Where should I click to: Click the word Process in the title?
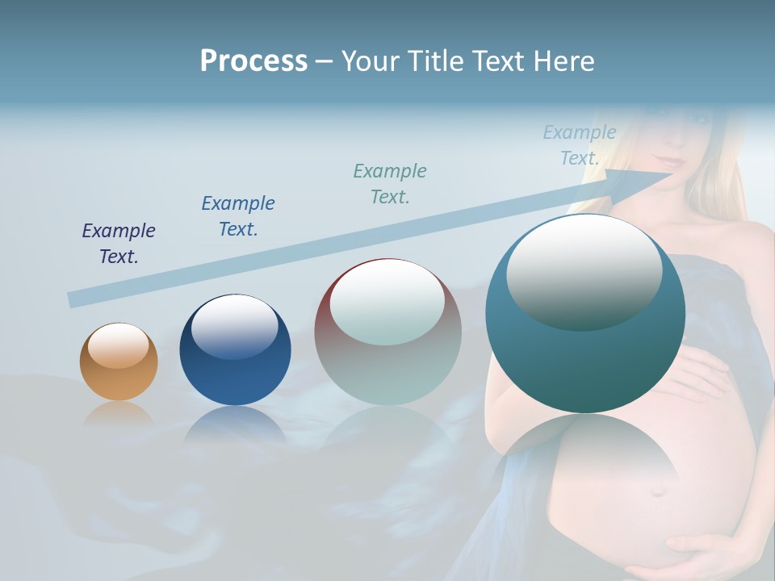coord(253,61)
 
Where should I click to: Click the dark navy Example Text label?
coord(119,244)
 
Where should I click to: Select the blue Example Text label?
coord(238,215)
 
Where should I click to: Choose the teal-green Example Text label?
coord(390,183)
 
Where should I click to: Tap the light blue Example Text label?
coord(580,145)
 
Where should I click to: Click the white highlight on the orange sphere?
coord(119,345)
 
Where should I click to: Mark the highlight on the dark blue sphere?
coord(235,325)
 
